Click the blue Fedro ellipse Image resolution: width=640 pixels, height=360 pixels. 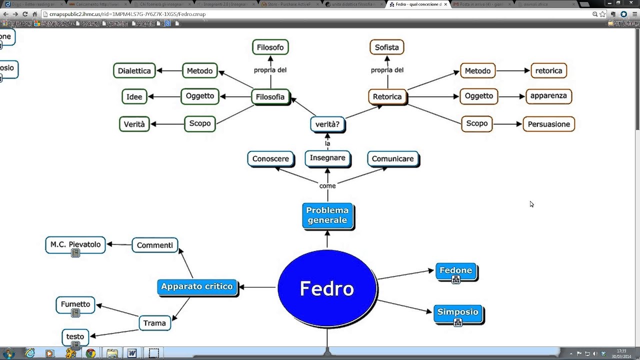[x=327, y=288]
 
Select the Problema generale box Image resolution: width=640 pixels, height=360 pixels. [x=327, y=215]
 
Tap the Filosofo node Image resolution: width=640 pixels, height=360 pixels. [x=270, y=47]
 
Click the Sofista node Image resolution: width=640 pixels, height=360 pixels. [x=386, y=47]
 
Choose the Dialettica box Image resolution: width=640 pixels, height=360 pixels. [x=134, y=71]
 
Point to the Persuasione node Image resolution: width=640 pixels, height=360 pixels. [x=548, y=124]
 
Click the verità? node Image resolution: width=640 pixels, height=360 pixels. [x=327, y=124]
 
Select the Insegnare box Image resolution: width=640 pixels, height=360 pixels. [x=327, y=158]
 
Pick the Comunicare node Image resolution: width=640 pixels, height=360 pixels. [x=393, y=159]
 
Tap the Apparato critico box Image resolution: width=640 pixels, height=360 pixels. [x=197, y=286]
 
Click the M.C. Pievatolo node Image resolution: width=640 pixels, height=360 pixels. [x=75, y=244]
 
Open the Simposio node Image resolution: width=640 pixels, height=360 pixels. [x=458, y=312]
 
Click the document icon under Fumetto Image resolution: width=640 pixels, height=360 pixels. [x=75, y=313]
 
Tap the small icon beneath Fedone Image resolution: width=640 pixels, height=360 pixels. [x=455, y=280]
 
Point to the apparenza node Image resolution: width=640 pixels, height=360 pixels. [x=548, y=96]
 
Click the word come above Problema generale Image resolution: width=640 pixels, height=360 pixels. [x=327, y=186]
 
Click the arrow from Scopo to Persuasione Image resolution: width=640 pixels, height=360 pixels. [x=507, y=124]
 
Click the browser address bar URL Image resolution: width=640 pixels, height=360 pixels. [x=127, y=14]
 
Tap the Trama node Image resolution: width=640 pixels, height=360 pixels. [x=154, y=323]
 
